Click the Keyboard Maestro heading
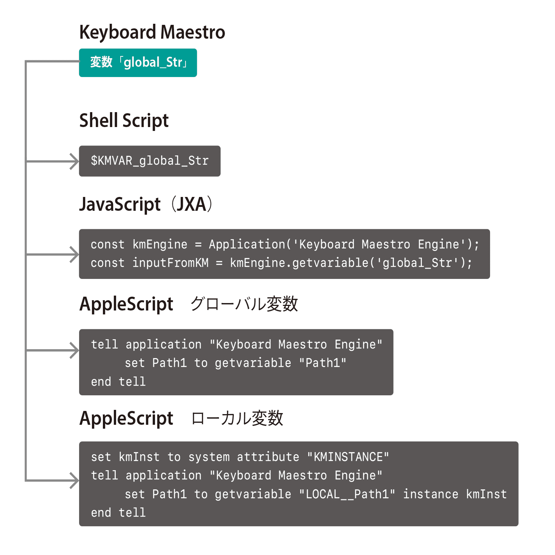(152, 32)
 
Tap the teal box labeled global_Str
(138, 63)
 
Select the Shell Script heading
(124, 121)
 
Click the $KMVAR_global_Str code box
(149, 161)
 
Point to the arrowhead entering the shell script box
(75, 161)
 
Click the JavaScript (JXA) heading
(146, 204)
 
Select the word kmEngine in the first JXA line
(160, 244)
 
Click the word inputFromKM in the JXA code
(170, 263)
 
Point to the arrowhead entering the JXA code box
(75, 254)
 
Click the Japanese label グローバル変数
(244, 304)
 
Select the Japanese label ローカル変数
(237, 418)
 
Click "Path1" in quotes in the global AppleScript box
(323, 363)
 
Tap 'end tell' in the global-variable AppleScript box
(118, 382)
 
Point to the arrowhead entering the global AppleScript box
(75, 351)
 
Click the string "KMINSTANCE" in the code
(348, 457)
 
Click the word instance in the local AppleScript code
(430, 494)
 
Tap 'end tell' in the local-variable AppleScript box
(118, 513)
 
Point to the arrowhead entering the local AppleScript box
(75, 480)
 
